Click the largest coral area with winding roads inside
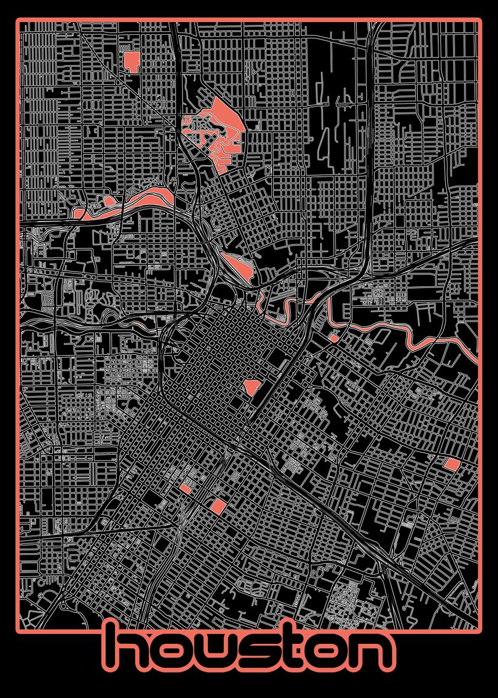(218, 131)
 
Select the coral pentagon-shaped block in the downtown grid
(251, 386)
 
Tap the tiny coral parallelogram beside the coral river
(334, 337)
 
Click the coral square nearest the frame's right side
(452, 464)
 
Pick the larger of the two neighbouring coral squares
(217, 505)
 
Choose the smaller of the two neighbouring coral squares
(186, 488)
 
